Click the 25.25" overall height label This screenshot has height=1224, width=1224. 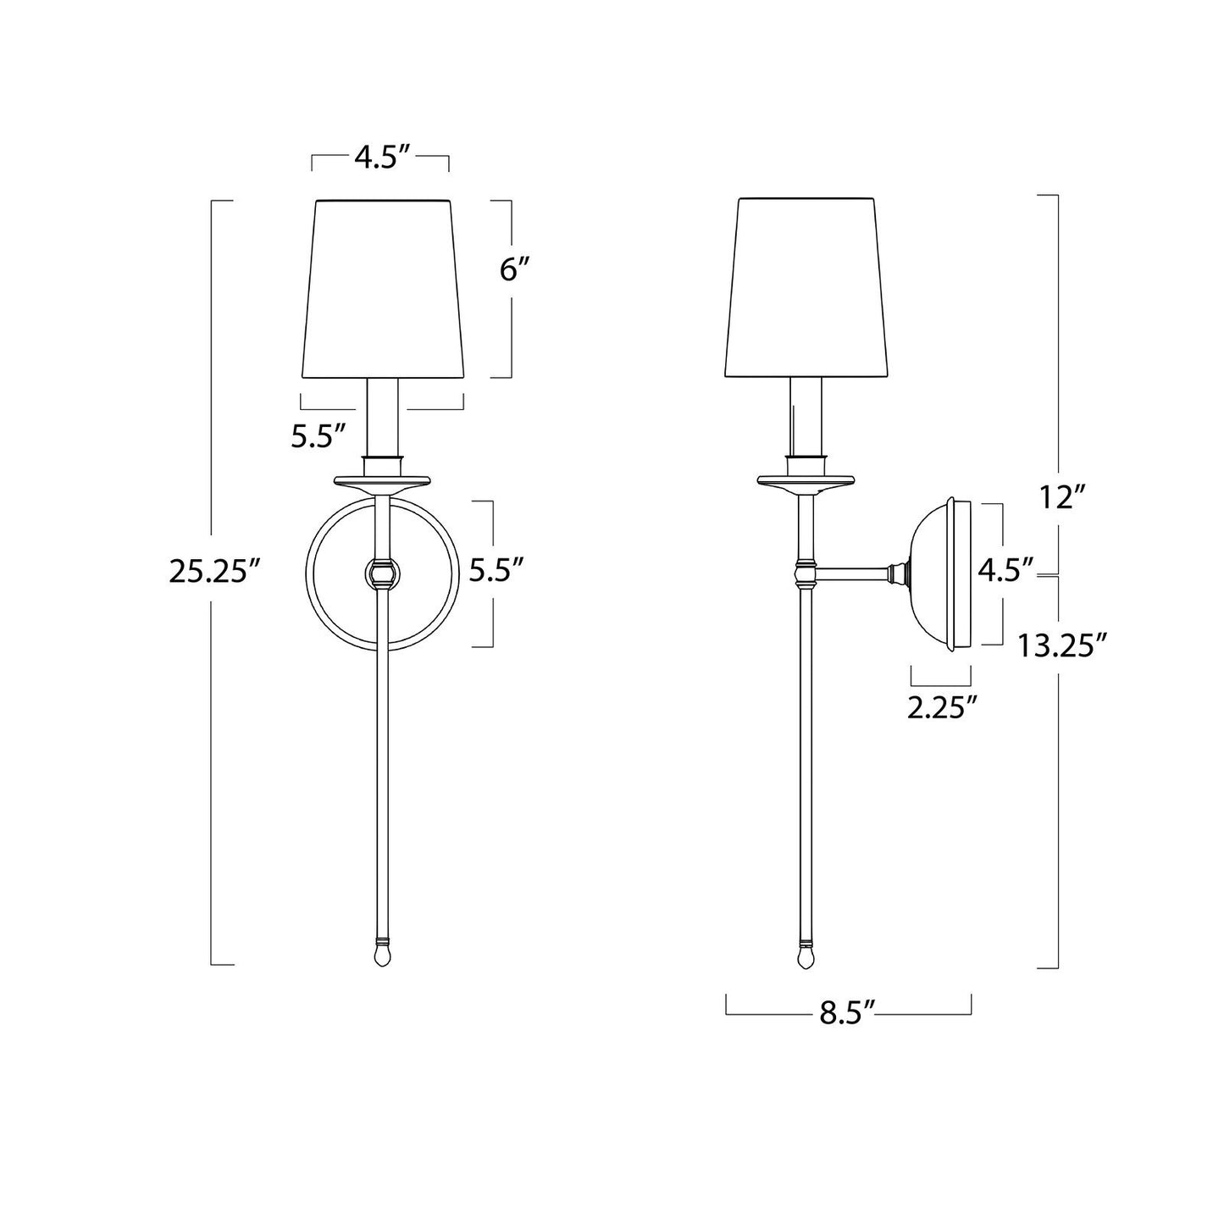pos(213,573)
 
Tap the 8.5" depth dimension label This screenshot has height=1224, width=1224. pos(846,1013)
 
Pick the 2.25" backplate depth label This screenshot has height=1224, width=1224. pos(937,707)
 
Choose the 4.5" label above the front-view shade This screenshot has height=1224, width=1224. pos(381,158)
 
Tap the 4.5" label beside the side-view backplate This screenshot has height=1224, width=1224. pos(1006,570)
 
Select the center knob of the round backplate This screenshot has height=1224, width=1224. pos(382,573)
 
